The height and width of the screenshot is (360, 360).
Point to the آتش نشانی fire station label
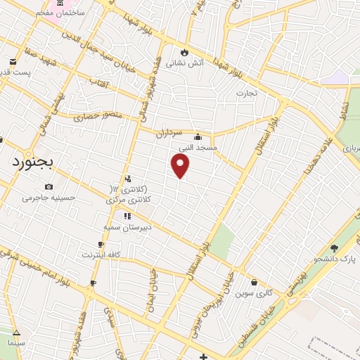click(x=185, y=63)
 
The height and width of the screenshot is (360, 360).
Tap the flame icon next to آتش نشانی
click(x=185, y=51)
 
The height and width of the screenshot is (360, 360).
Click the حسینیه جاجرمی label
click(x=48, y=198)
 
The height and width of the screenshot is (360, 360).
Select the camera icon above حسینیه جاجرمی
click(x=48, y=186)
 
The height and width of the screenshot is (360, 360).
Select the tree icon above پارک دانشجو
click(x=334, y=248)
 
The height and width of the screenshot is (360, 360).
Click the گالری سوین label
click(x=255, y=292)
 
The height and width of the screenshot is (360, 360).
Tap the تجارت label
click(x=247, y=93)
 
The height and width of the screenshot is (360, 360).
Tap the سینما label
click(x=16, y=342)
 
